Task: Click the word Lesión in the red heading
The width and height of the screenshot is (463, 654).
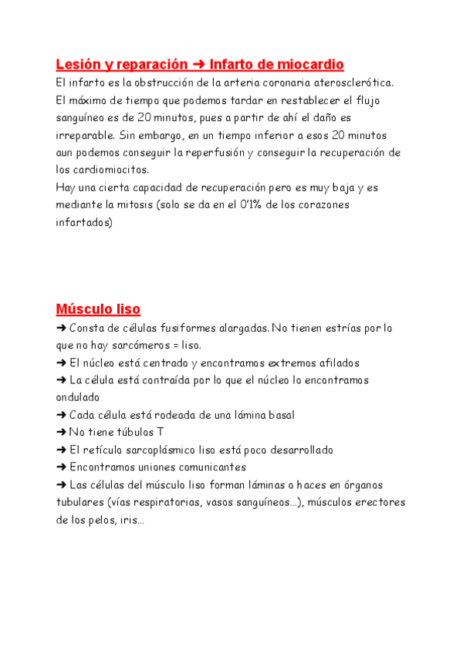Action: point(76,64)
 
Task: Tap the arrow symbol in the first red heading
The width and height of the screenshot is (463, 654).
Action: point(199,64)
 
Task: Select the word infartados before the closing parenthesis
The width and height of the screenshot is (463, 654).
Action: point(83,223)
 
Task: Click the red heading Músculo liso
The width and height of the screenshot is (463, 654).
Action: point(98,309)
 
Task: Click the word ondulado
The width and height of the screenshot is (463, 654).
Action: point(78,398)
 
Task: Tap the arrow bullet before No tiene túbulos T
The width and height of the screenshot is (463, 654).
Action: point(61,433)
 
